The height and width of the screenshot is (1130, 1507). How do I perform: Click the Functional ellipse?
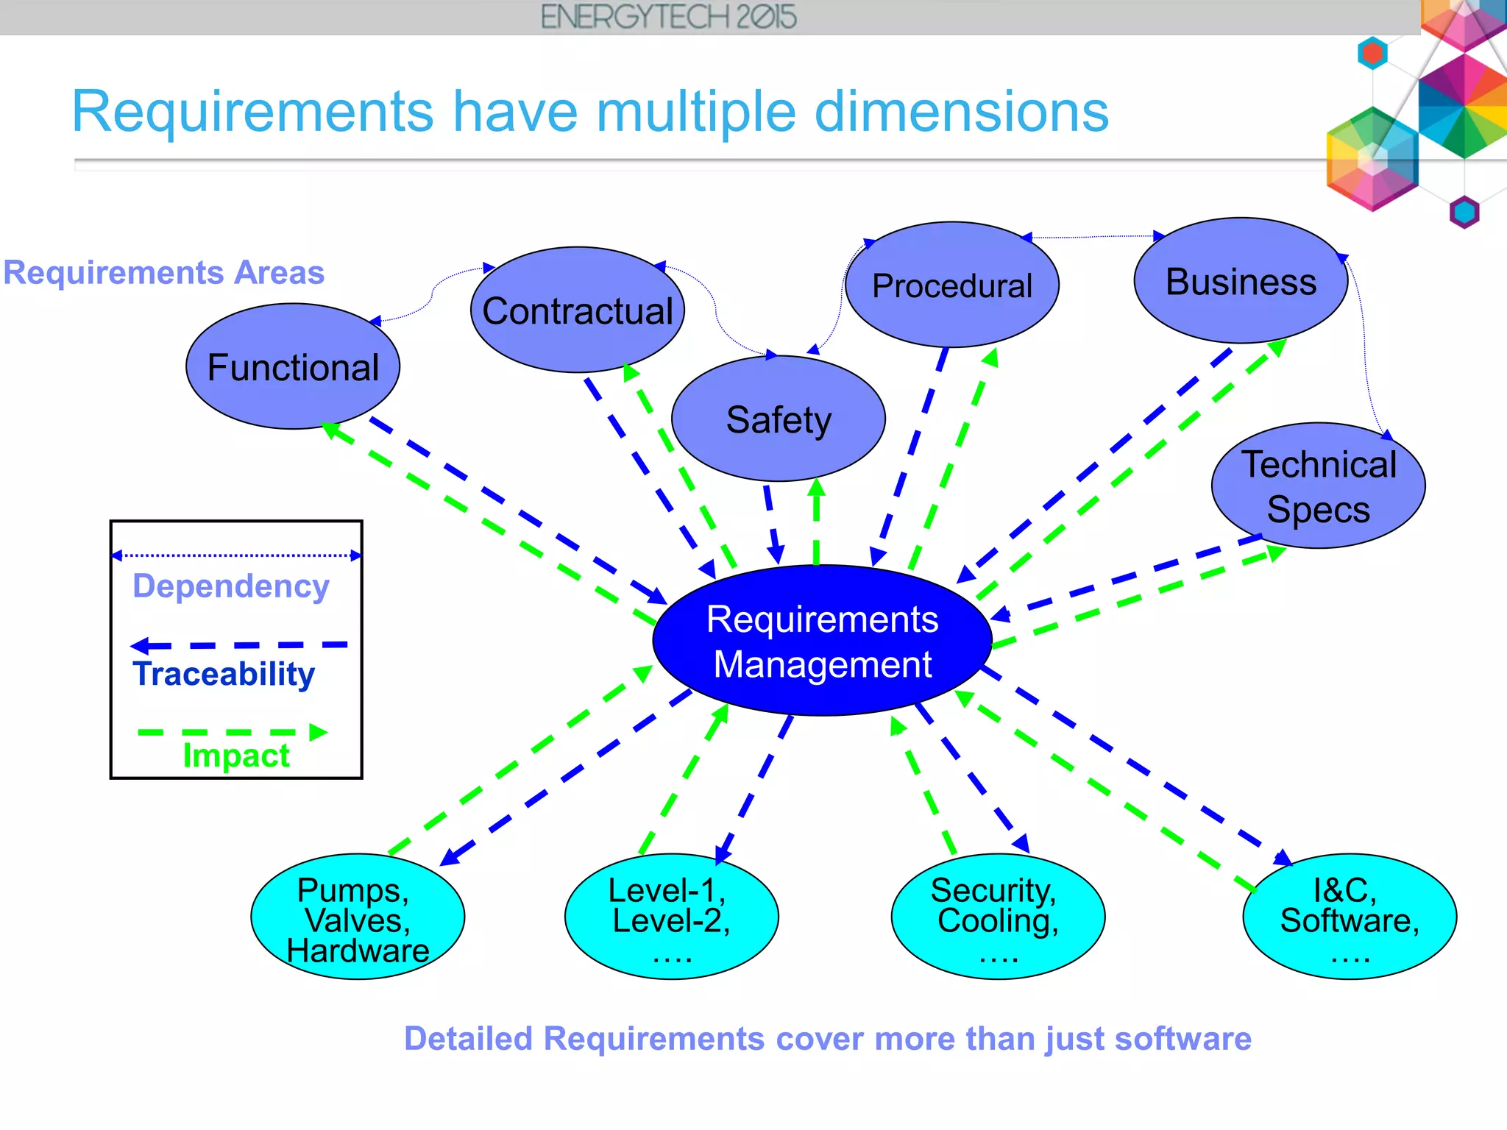point(293,366)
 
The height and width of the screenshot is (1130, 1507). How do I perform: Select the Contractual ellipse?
point(578,310)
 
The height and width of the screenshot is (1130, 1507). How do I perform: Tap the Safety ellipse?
point(779,419)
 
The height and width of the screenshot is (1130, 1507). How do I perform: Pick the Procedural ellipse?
point(952,285)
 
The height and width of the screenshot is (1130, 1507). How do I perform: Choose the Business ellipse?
point(1241,281)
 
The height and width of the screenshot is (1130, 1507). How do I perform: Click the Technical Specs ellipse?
point(1318,486)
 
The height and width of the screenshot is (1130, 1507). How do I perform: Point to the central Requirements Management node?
point(822,641)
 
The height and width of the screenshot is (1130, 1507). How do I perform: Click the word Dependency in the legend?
point(231,586)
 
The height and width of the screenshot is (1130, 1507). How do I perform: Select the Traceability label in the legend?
point(224,674)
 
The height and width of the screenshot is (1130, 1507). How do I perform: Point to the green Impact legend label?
point(236,756)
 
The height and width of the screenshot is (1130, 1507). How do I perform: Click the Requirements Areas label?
point(163,272)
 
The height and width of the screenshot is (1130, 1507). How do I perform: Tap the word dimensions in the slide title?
point(961,112)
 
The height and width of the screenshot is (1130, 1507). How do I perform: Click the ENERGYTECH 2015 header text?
point(668,17)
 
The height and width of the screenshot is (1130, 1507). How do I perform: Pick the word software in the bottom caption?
point(1182,1039)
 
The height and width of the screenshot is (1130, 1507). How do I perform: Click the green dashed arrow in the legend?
point(232,732)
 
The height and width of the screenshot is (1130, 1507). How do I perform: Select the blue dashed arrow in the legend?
point(238,646)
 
